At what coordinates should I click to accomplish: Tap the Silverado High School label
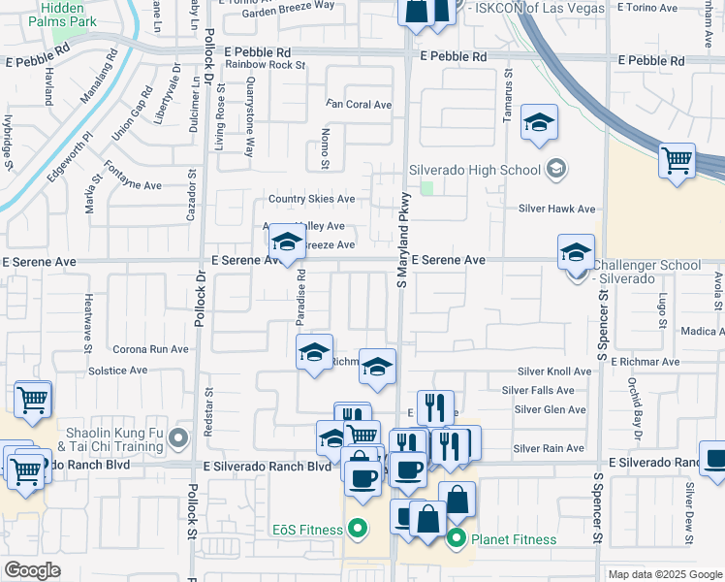pyautogui.click(x=474, y=170)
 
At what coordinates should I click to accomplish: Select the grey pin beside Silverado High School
pyautogui.click(x=555, y=170)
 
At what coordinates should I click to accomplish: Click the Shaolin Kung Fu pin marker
pyautogui.click(x=178, y=440)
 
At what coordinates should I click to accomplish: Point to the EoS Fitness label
pyautogui.click(x=306, y=530)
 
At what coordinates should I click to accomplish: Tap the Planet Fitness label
pyautogui.click(x=514, y=539)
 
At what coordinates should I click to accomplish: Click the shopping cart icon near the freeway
pyautogui.click(x=677, y=160)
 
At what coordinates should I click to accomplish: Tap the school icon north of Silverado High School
pyautogui.click(x=538, y=123)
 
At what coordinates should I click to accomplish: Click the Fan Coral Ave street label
pyautogui.click(x=359, y=104)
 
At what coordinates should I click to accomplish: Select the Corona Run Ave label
pyautogui.click(x=150, y=349)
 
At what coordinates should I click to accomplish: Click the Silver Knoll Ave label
pyautogui.click(x=553, y=372)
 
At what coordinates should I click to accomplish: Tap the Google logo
pyautogui.click(x=31, y=571)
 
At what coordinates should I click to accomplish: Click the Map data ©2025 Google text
pyautogui.click(x=663, y=574)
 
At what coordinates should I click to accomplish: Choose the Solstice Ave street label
pyautogui.click(x=117, y=370)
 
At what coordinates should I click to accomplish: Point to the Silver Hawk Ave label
pyautogui.click(x=556, y=209)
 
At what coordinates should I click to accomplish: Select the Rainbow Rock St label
pyautogui.click(x=265, y=65)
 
